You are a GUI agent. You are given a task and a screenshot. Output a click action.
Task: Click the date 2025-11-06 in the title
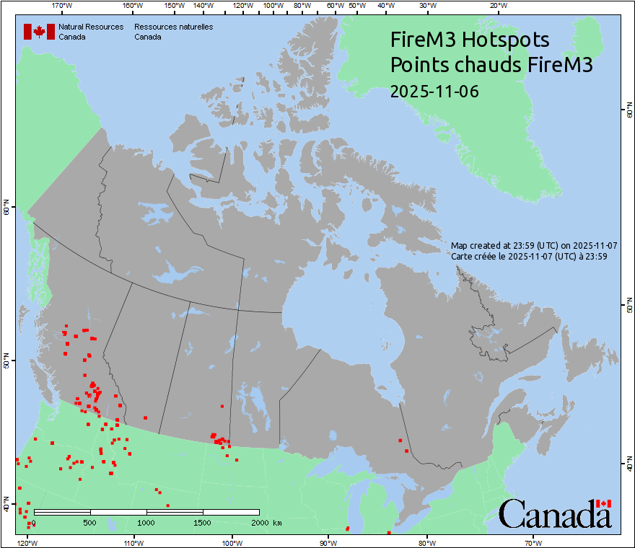[434, 92]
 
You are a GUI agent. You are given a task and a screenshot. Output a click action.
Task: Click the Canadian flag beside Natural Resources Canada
[39, 31]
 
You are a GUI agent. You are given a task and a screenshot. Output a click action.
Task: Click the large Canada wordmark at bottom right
[554, 514]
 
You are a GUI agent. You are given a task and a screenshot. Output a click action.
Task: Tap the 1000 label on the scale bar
[146, 522]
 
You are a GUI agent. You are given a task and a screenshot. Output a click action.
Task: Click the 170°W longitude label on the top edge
[63, 5]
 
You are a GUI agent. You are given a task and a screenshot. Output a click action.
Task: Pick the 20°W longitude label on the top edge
[497, 5]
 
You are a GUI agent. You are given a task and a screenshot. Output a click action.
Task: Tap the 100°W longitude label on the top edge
[273, 5]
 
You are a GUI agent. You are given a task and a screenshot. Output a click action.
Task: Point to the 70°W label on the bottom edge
[533, 542]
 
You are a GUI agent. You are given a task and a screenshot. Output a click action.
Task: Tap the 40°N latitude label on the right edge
[629, 464]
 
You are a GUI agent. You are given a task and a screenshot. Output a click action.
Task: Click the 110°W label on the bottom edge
[133, 542]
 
